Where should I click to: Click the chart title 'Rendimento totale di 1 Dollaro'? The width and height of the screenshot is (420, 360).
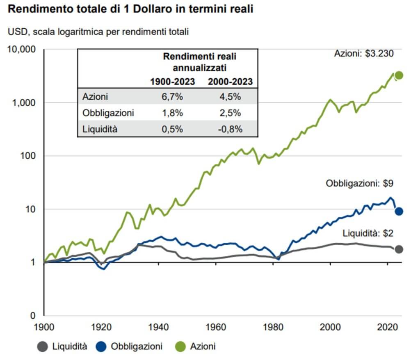pyautogui.click(x=130, y=9)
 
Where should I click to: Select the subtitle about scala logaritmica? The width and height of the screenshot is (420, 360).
pyautogui.click(x=98, y=32)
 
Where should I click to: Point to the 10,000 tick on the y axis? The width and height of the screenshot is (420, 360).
pyautogui.click(x=23, y=50)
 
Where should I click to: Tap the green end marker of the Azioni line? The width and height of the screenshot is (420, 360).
pyautogui.click(x=399, y=75)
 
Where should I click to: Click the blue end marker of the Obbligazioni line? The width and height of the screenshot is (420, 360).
pyautogui.click(x=399, y=211)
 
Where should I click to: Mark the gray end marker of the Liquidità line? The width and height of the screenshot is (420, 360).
pyautogui.click(x=399, y=249)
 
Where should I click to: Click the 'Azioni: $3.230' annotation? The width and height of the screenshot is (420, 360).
pyautogui.click(x=364, y=54)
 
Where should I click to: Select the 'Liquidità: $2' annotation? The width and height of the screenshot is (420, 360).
pyautogui.click(x=368, y=233)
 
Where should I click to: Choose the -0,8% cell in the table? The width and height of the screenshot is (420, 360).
pyautogui.click(x=230, y=129)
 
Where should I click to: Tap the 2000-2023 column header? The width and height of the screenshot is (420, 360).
pyautogui.click(x=230, y=82)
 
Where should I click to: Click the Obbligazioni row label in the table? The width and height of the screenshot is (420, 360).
pyautogui.click(x=108, y=113)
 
